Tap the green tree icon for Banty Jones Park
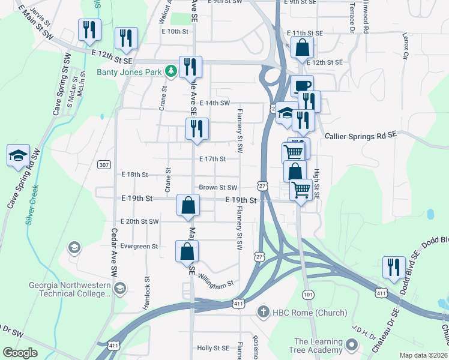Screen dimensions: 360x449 (x=171, y=72)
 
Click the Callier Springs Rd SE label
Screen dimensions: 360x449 (x=360, y=136)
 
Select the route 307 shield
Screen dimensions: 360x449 (x=104, y=164)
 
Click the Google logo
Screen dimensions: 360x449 (x=20, y=353)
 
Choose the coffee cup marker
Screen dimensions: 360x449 (x=303, y=85)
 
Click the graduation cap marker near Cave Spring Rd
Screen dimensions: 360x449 (x=19, y=155)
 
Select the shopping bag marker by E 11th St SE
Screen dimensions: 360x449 (x=303, y=47)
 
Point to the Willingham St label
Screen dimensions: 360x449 (x=215, y=283)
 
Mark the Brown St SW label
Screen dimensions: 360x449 (x=218, y=187)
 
